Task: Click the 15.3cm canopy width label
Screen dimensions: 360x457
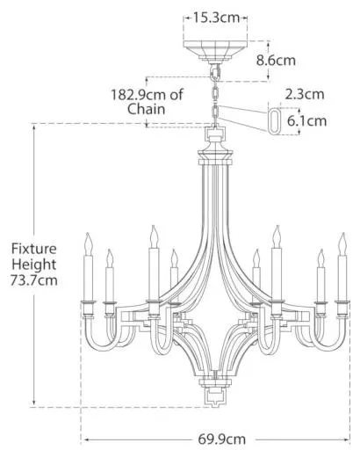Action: [x=216, y=18]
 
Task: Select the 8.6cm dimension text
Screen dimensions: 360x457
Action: [x=276, y=61]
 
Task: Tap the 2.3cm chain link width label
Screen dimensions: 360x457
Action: [x=305, y=94]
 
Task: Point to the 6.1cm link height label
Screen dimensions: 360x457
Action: [x=306, y=121]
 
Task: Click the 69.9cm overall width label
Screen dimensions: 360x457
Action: [x=221, y=439]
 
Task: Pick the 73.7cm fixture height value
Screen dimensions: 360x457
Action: [x=34, y=280]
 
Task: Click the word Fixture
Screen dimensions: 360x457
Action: [x=34, y=249]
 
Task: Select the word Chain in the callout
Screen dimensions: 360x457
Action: [x=147, y=109]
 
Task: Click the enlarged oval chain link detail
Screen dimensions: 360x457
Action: [x=270, y=121]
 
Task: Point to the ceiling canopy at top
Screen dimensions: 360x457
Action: [x=215, y=52]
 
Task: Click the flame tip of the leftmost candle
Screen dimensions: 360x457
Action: [x=88, y=234]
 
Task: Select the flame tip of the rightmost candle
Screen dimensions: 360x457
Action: [x=343, y=234]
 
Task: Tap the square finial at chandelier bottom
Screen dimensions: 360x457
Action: [x=215, y=397]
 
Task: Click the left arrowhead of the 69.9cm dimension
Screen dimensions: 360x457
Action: [x=86, y=439]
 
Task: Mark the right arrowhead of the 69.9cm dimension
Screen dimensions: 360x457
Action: [x=348, y=439]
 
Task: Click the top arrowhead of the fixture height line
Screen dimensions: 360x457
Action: [x=34, y=127]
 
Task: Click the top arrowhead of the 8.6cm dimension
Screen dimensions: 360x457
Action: [x=268, y=43]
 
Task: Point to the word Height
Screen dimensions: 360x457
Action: [x=34, y=265]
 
